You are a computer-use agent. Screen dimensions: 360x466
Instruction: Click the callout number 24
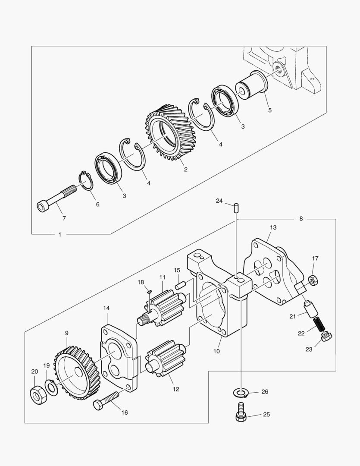219,201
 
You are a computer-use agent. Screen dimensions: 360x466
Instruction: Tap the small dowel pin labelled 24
236,207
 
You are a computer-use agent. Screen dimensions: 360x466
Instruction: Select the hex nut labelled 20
38,396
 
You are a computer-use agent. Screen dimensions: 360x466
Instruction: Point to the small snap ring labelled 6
86,180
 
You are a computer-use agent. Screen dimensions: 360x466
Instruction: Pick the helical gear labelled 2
170,133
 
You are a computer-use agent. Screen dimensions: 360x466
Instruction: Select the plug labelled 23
327,336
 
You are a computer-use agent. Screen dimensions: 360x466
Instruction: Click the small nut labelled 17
313,280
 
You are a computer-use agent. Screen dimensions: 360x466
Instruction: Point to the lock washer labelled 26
240,392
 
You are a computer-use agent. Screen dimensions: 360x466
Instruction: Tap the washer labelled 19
51,387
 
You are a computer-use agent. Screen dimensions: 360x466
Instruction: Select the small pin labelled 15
180,284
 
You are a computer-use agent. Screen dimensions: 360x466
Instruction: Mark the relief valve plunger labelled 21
310,309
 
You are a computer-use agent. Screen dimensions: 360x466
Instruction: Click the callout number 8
301,219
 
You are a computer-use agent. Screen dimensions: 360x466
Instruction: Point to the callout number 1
59,234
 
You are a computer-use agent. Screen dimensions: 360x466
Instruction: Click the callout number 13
273,227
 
